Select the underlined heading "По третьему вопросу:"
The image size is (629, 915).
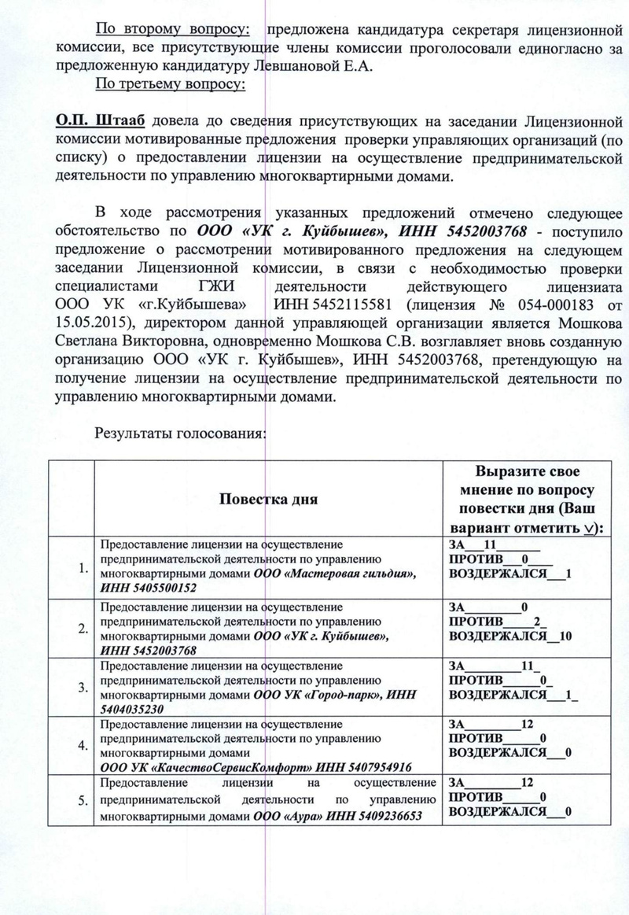point(171,84)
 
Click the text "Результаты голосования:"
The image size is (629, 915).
point(181,433)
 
